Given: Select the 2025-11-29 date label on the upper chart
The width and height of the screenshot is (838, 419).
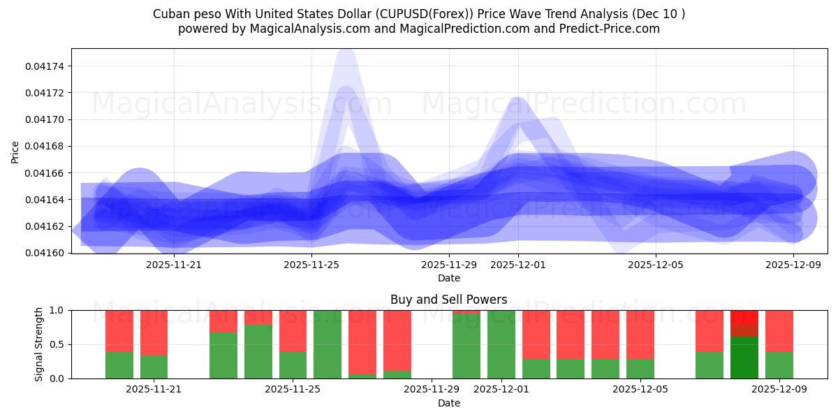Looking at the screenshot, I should [x=448, y=265].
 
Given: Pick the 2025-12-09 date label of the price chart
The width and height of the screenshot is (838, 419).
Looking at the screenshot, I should [x=794, y=265].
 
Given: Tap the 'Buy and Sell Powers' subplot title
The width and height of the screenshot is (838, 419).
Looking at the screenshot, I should [x=448, y=300].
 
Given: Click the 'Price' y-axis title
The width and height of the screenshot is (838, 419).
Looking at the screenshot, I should [x=15, y=151].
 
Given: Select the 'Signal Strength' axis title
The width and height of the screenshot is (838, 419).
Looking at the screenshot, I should [x=40, y=344].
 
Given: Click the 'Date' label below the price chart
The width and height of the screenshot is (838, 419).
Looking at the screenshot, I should [x=448, y=278].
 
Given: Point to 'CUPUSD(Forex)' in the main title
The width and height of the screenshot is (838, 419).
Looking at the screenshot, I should [x=429, y=14].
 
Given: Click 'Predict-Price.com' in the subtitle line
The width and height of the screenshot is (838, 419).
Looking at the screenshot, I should [x=605, y=29].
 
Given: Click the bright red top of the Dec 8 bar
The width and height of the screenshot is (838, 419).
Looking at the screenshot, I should [x=744, y=316].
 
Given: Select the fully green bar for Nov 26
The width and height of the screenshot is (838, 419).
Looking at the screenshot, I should [x=328, y=344].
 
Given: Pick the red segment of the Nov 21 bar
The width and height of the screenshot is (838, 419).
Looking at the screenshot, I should [x=154, y=332].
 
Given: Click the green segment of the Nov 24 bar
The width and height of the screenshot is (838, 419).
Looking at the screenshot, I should [x=258, y=352].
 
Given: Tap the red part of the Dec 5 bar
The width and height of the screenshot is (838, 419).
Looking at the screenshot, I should [x=640, y=334].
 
